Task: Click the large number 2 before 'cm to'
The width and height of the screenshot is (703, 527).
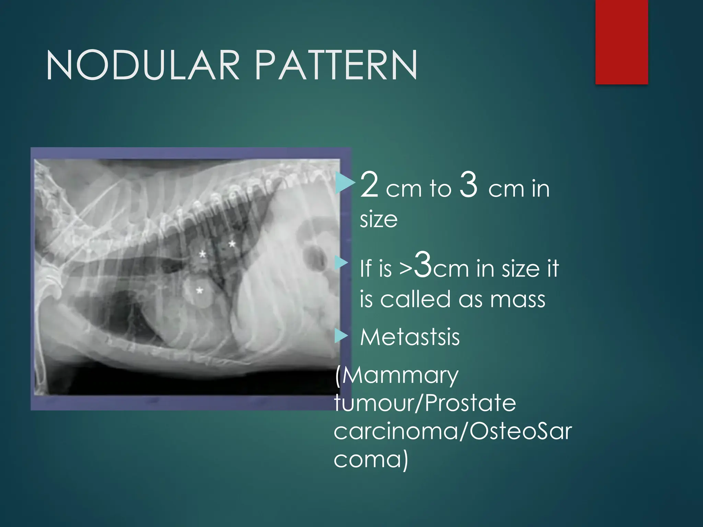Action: coord(369,185)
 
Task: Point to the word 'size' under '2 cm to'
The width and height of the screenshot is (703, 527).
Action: coord(379,220)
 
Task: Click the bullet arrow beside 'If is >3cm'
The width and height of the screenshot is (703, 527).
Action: coord(341,263)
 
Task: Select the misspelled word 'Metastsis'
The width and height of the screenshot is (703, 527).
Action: coord(410,337)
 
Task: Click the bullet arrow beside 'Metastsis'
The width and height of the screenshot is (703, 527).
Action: coord(341,336)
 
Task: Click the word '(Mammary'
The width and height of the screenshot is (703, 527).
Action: coord(397,376)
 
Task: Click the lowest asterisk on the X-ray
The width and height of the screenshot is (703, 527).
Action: coord(199,291)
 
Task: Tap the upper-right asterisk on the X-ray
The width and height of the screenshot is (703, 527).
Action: coord(232,244)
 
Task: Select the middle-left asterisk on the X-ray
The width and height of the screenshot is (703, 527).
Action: coord(203,254)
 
